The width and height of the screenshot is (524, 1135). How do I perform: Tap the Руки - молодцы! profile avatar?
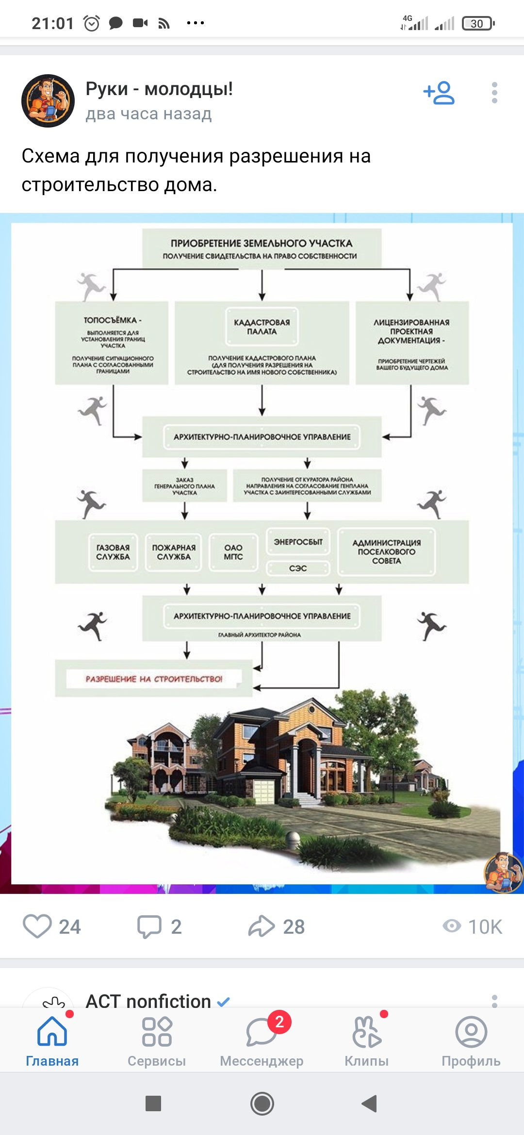pyautogui.click(x=48, y=101)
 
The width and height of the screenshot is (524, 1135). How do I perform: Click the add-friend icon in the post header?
pyautogui.click(x=439, y=93)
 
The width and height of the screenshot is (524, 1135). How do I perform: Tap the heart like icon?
pyautogui.click(x=37, y=926)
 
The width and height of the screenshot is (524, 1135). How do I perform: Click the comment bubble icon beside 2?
pyautogui.click(x=149, y=926)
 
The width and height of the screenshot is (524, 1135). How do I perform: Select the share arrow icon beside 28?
pyautogui.click(x=262, y=926)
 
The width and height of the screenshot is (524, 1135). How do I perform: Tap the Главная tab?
pyautogui.click(x=52, y=1040)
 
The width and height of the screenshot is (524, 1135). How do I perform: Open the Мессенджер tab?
pyautogui.click(x=262, y=1040)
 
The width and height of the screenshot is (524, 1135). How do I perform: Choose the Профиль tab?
pyautogui.click(x=471, y=1040)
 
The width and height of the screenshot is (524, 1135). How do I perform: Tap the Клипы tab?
pyautogui.click(x=367, y=1040)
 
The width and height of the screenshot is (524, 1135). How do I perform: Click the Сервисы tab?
pyautogui.click(x=157, y=1040)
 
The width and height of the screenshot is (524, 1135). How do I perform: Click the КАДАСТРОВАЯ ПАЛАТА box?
pyautogui.click(x=262, y=327)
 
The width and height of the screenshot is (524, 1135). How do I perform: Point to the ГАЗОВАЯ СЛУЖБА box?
pyautogui.click(x=113, y=552)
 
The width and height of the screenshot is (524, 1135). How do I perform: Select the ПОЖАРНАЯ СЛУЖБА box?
pyautogui.click(x=174, y=552)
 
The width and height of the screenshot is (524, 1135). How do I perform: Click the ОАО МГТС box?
pyautogui.click(x=233, y=552)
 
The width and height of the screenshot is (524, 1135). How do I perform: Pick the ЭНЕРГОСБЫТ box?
pyautogui.click(x=298, y=542)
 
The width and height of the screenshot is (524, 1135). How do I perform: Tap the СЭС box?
pyautogui.click(x=298, y=568)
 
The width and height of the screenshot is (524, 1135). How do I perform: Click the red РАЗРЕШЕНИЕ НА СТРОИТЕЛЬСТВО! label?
pyautogui.click(x=154, y=679)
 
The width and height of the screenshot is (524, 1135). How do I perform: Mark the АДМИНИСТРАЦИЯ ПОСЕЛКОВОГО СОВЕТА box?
pyautogui.click(x=387, y=551)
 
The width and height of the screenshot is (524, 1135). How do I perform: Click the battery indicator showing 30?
pyautogui.click(x=478, y=23)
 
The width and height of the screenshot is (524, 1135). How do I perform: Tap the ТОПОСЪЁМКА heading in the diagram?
pyautogui.click(x=113, y=320)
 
